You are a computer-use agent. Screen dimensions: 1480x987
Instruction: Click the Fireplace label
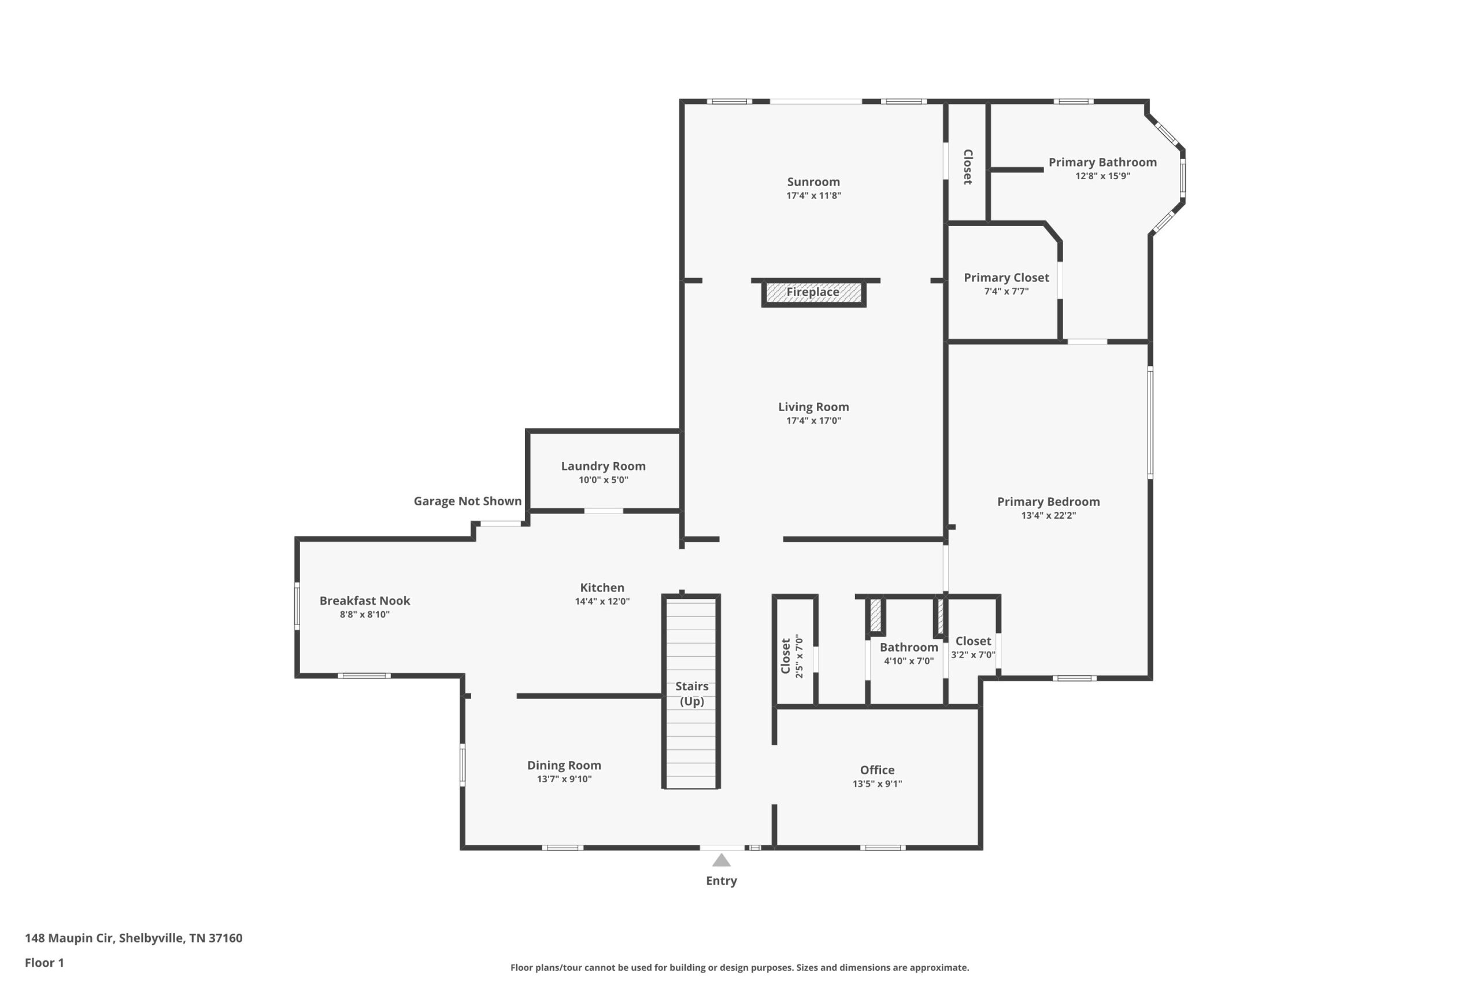812,292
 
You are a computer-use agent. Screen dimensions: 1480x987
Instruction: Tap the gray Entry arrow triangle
721,860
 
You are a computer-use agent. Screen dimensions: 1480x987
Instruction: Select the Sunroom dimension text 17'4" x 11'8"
813,196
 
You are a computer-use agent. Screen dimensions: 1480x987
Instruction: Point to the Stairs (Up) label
691,694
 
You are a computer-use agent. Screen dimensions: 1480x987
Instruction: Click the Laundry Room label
604,467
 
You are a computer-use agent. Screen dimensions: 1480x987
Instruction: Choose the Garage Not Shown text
468,501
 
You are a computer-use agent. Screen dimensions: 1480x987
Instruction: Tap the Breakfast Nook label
365,601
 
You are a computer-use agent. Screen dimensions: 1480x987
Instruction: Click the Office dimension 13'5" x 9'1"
877,784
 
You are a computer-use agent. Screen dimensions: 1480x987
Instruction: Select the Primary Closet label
1006,278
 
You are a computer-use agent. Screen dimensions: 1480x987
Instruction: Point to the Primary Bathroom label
1102,162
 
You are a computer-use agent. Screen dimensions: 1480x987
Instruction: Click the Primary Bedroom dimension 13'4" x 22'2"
1048,516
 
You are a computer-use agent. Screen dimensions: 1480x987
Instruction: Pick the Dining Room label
564,766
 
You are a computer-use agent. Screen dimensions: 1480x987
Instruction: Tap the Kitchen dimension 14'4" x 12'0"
602,602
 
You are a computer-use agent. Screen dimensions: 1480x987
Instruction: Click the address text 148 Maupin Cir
69,938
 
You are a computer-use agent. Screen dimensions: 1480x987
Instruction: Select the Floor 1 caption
44,963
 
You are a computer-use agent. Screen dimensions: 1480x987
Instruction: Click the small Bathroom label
909,647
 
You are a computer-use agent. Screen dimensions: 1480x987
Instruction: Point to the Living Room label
813,407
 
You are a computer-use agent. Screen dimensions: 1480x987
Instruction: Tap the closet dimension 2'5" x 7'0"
799,656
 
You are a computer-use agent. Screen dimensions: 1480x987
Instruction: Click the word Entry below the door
721,881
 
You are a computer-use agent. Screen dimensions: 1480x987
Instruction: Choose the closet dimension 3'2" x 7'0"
973,655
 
